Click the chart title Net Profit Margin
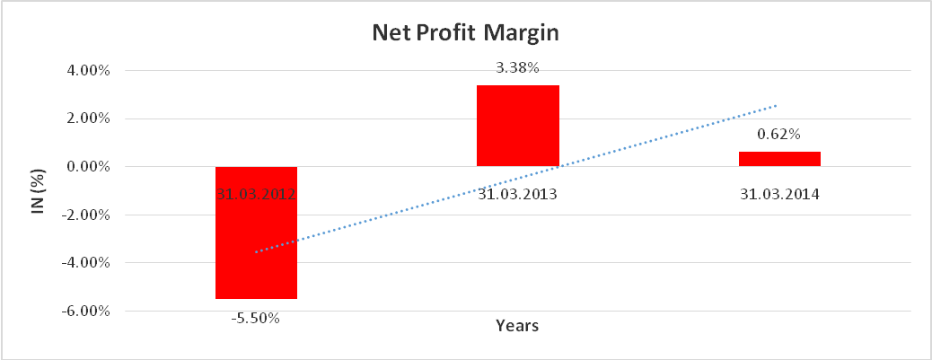click(x=465, y=34)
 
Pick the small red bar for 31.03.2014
click(x=779, y=158)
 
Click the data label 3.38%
click(x=518, y=67)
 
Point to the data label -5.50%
click(x=256, y=317)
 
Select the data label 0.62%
click(x=779, y=135)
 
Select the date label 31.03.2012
click(x=256, y=193)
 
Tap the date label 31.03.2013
click(x=518, y=193)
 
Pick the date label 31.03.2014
click(x=779, y=193)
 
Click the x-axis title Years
click(x=517, y=326)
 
